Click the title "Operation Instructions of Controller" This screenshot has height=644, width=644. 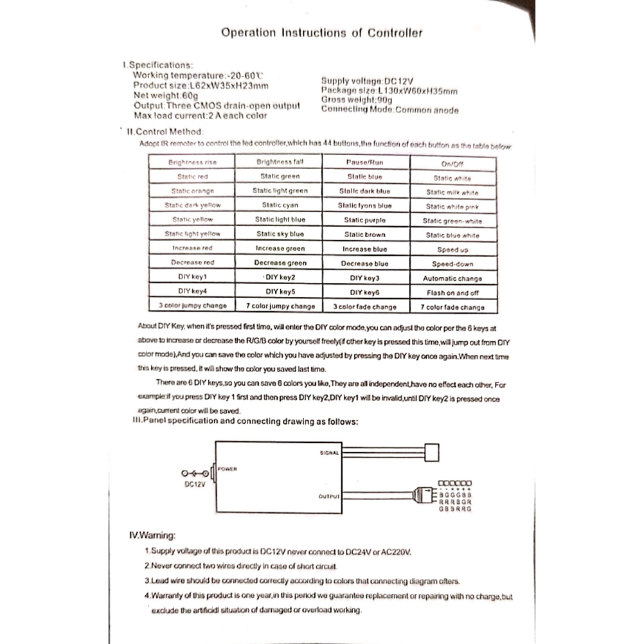pos(322,33)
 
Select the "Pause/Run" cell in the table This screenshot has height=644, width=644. pos(364,163)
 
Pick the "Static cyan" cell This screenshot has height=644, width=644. pos(280,205)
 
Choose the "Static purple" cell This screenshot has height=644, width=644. pos(364,220)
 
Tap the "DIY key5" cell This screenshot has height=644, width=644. pos(280,292)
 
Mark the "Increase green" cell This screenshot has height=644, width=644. pos(280,248)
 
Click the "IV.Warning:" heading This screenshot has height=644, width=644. pos(152,535)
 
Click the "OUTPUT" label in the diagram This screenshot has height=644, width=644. pos(328,497)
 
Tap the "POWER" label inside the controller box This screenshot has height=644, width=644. pos(228,469)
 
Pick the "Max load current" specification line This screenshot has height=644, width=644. pos(200,116)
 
